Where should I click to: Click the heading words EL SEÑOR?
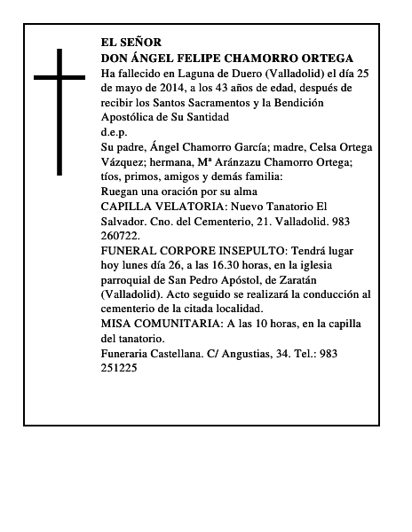pos(131,43)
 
